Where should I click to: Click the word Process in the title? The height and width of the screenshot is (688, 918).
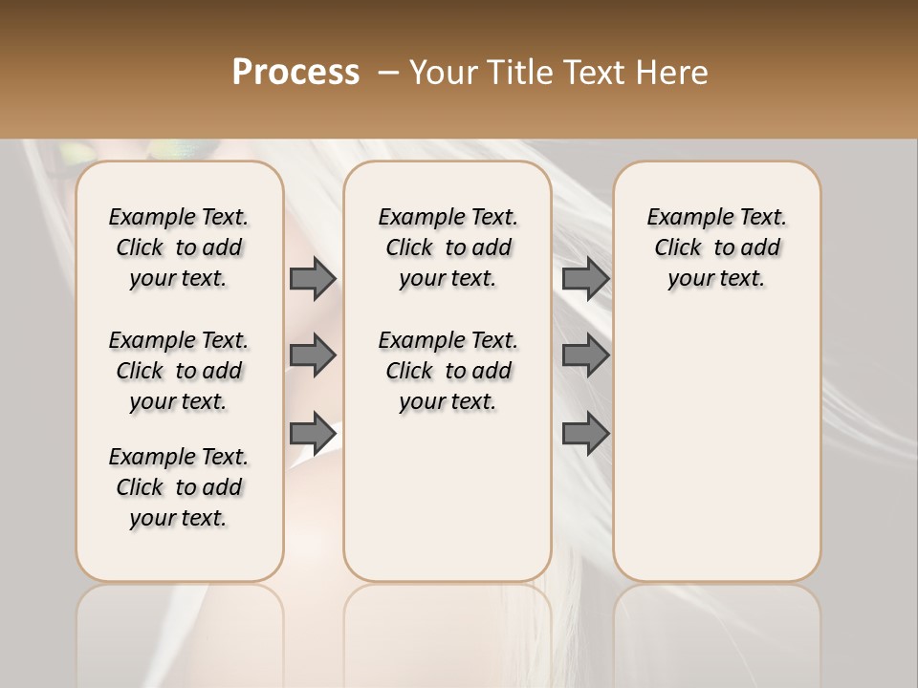(295, 73)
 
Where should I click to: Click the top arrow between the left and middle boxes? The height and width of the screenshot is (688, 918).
(313, 279)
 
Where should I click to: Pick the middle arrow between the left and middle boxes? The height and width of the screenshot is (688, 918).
(313, 356)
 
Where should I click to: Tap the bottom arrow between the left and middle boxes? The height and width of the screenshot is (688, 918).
(313, 434)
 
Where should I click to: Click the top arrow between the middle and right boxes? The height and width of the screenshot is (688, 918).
(585, 279)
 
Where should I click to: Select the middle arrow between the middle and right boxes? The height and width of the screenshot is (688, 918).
(585, 356)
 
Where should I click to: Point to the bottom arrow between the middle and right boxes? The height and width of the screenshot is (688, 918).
(585, 434)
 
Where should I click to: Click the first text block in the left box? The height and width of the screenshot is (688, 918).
(179, 247)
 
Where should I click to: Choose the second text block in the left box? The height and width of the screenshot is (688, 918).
(179, 371)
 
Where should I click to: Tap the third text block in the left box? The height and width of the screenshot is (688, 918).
(179, 487)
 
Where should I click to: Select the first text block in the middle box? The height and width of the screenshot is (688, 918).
(448, 247)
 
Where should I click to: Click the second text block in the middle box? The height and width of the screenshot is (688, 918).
(448, 371)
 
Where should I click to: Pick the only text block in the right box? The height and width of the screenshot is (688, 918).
(717, 247)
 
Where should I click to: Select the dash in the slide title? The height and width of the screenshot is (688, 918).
(388, 73)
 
